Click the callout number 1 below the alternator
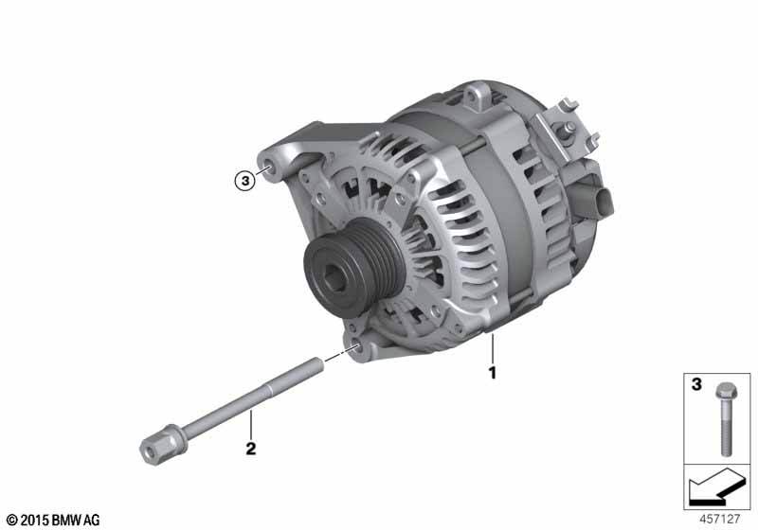pyautogui.click(x=492, y=372)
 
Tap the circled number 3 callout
pyautogui.click(x=245, y=179)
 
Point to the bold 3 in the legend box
pyautogui.click(x=695, y=385)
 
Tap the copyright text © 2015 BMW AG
pyautogui.click(x=53, y=520)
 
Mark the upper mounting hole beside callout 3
pyautogui.click(x=269, y=171)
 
